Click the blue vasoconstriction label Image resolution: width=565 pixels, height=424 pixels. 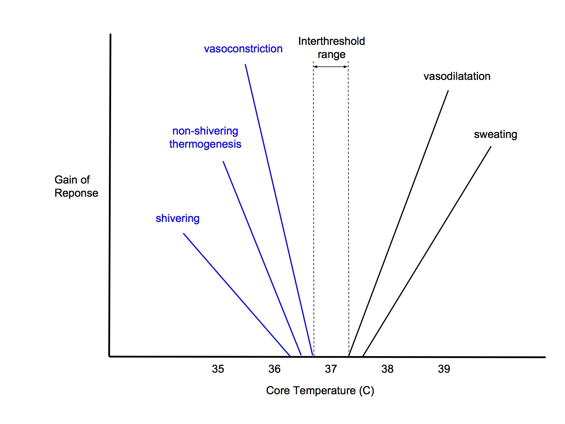click(x=243, y=49)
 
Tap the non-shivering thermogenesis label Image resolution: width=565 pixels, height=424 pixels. click(x=205, y=138)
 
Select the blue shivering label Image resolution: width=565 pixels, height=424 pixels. click(x=177, y=219)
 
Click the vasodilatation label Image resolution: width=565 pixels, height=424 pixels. click(x=457, y=77)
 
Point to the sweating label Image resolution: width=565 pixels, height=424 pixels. click(x=495, y=135)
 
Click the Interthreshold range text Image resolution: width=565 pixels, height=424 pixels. click(x=331, y=47)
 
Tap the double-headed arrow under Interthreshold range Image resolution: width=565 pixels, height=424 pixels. click(x=330, y=67)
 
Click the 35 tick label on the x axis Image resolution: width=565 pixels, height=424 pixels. click(x=218, y=369)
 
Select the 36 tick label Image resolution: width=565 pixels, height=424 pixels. click(x=274, y=369)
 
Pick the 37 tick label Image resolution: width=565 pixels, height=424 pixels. click(x=331, y=369)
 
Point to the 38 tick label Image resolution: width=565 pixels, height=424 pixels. click(x=387, y=369)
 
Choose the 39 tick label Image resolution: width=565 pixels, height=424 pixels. click(x=444, y=369)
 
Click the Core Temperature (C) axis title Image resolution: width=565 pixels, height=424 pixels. click(x=320, y=390)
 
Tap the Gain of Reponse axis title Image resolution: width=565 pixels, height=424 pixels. click(x=76, y=186)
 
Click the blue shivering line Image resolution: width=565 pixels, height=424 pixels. click(x=237, y=294)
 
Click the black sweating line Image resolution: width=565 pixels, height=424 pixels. click(x=427, y=251)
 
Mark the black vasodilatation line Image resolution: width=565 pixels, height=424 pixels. click(x=399, y=223)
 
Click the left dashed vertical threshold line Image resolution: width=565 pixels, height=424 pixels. click(x=313, y=211)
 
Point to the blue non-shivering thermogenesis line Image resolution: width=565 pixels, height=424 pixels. click(x=262, y=258)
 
